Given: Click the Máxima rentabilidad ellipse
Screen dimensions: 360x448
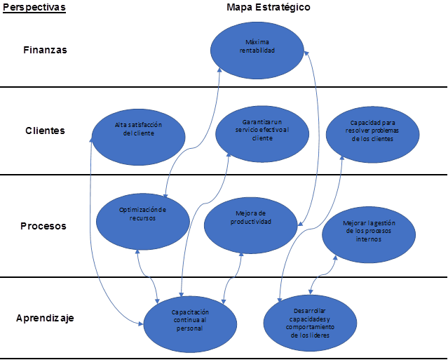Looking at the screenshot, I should [x=258, y=47].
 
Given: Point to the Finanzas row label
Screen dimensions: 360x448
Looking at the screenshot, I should [x=45, y=50].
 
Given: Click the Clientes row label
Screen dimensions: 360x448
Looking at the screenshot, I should [x=45, y=130].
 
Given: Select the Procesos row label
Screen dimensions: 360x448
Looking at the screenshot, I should [x=43, y=226].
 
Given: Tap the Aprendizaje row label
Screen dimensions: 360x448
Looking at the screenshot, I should [x=45, y=317].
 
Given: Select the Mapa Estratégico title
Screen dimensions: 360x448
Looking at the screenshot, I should [x=269, y=7].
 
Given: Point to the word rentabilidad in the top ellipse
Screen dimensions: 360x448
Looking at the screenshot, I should [x=258, y=51].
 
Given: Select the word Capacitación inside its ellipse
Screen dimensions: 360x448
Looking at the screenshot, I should [x=190, y=311].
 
